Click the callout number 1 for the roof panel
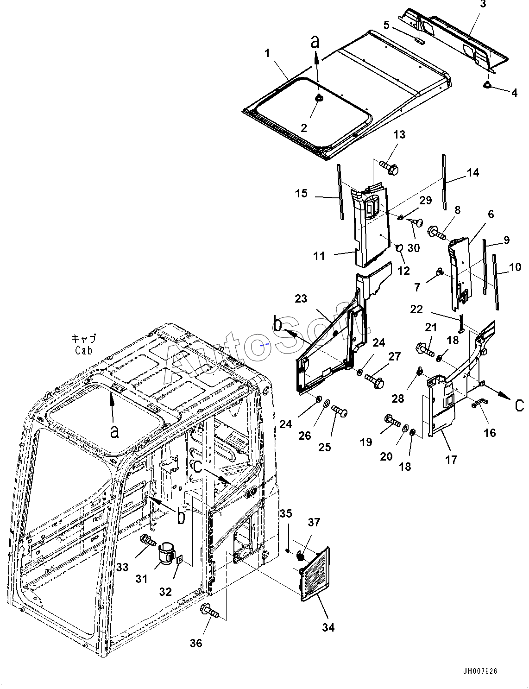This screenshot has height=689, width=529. [268, 53]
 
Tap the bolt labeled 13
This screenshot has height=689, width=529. [389, 167]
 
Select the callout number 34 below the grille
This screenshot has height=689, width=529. [328, 627]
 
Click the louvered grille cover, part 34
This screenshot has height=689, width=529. [315, 574]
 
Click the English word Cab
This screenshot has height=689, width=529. [84, 351]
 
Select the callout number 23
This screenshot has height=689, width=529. [301, 298]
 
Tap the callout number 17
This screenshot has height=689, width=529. [451, 460]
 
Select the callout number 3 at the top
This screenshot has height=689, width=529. [483, 4]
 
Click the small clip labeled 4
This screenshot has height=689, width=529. [487, 85]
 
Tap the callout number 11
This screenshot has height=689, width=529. [319, 256]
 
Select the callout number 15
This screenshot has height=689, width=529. [301, 193]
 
